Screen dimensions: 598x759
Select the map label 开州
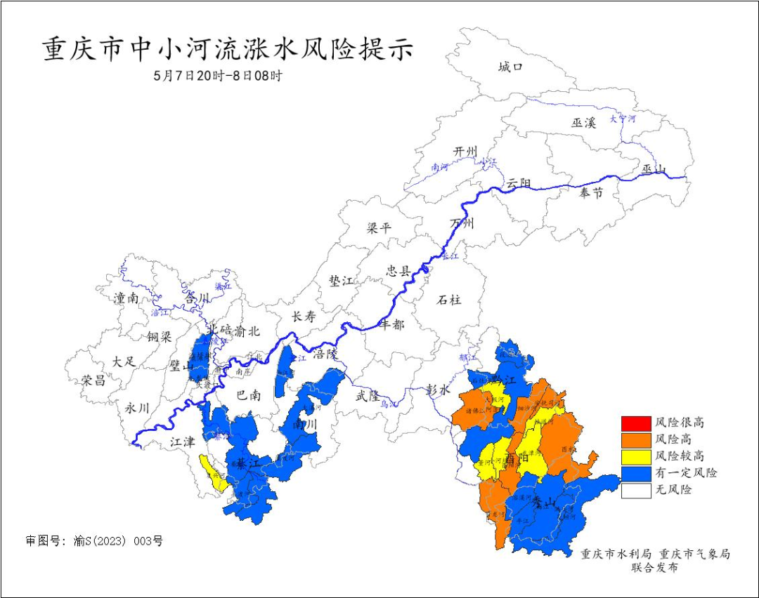[465, 152]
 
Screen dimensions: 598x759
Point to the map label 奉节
[591, 193]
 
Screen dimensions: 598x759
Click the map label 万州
[462, 224]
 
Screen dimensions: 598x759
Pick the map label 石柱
[449, 300]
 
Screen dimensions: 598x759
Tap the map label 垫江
[342, 281]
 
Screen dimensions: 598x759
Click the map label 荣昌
[93, 380]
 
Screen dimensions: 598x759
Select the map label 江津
[182, 442]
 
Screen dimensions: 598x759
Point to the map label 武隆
[367, 396]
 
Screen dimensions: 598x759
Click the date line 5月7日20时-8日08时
[218, 76]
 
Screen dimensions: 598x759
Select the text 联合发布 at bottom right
[654, 568]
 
